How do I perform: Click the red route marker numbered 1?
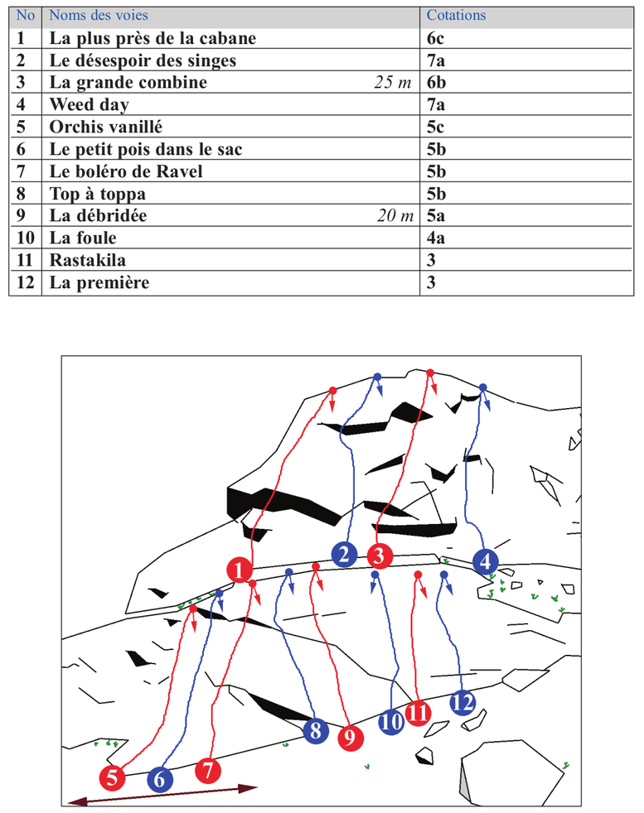click(240, 570)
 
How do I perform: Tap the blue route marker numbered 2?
click(344, 554)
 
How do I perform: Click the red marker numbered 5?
click(112, 777)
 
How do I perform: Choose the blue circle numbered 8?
click(315, 731)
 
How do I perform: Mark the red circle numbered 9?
click(351, 737)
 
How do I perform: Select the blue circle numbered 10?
click(391, 722)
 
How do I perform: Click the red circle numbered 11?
click(419, 712)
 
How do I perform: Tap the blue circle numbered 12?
click(463, 703)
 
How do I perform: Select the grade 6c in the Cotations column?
click(438, 38)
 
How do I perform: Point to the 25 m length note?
click(393, 83)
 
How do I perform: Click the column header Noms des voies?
click(99, 16)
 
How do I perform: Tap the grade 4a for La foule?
click(437, 238)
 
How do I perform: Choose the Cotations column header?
click(456, 16)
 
